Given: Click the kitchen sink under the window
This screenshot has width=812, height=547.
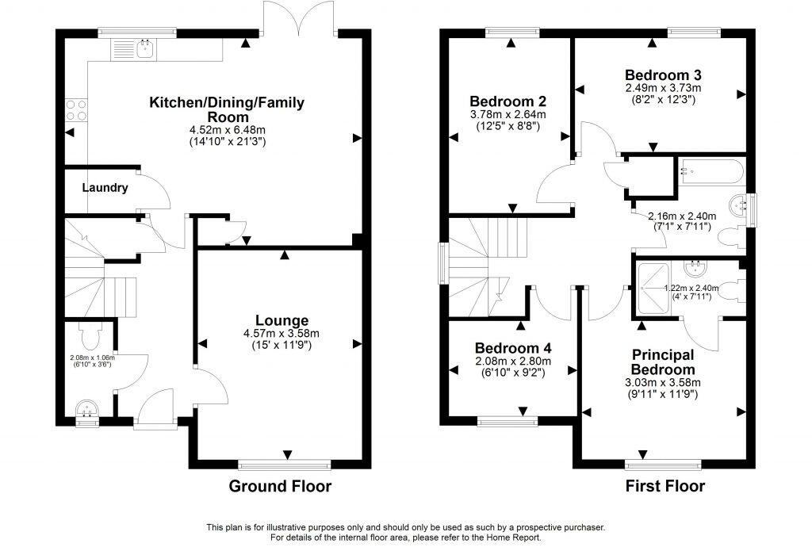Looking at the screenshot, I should coord(145,50).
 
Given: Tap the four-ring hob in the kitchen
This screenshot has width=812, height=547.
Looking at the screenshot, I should coord(76,109).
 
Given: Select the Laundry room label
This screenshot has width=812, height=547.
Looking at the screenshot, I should coord(105,188).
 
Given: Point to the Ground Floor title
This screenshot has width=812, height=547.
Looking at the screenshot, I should coord(280,486).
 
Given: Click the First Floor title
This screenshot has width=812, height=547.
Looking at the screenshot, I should coord(664,486).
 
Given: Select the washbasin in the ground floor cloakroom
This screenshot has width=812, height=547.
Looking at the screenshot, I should coord(86,409).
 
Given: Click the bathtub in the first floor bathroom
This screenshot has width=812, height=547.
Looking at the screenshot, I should coord(710,170).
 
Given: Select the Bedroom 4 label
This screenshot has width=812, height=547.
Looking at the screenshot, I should coord(513,348).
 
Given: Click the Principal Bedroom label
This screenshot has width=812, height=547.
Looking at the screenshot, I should coord(663,361).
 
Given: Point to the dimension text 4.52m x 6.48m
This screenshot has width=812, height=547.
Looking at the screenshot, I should coord(227,129).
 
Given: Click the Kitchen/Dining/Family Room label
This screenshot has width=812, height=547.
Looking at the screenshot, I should coord(227,109).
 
